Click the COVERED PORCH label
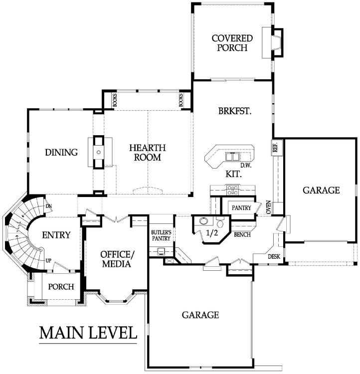click(x=232, y=43)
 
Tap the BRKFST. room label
click(x=235, y=111)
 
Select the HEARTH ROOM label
click(x=148, y=153)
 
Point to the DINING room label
click(x=61, y=152)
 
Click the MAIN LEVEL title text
click(x=88, y=333)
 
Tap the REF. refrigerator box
click(x=277, y=148)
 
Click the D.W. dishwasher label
click(x=246, y=165)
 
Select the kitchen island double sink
click(x=232, y=157)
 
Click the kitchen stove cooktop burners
click(x=232, y=190)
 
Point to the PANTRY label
click(x=241, y=208)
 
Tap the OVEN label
click(x=269, y=207)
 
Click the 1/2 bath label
click(x=212, y=232)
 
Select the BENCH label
click(x=242, y=235)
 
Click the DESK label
click(x=274, y=257)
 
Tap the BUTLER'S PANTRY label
click(x=161, y=235)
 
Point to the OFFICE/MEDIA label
click(x=117, y=259)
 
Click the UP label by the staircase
click(x=48, y=260)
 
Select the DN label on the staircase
click(x=49, y=206)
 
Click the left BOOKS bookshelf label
click(x=115, y=100)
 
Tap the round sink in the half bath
click(x=203, y=221)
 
